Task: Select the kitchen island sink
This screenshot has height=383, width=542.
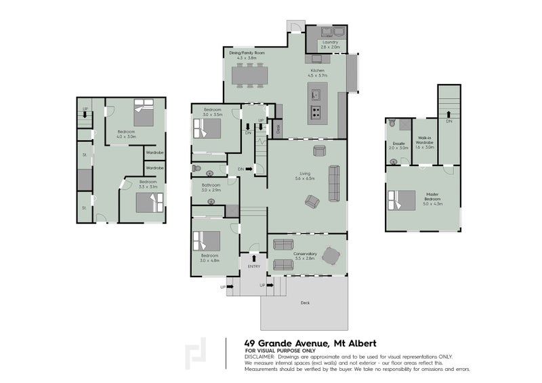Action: [315, 94]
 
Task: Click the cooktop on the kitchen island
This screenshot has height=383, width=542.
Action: [316, 112]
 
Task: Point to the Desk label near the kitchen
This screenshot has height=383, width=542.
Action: [277, 127]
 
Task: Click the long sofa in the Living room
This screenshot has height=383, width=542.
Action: [334, 183]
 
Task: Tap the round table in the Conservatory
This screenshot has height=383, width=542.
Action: [331, 255]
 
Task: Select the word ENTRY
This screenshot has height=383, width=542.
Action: [253, 266]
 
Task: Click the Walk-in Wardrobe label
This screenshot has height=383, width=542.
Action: [425, 144]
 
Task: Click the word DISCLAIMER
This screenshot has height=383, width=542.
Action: [261, 356]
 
